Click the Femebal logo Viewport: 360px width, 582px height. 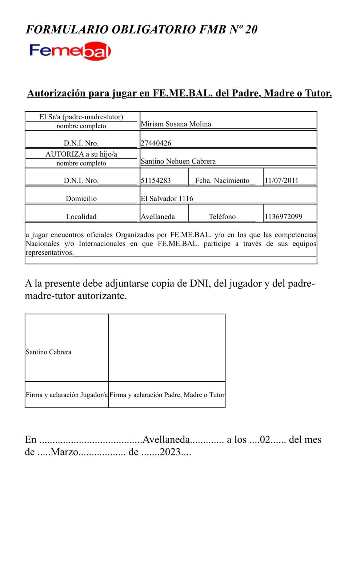tap(70, 51)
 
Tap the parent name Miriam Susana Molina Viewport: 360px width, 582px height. tap(176, 124)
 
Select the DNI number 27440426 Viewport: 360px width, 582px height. tap(156, 143)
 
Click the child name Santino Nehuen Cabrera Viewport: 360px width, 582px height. tap(178, 161)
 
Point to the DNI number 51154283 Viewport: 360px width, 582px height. tap(156, 180)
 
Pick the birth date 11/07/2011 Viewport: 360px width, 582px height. tap(281, 180)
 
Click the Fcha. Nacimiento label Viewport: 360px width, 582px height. tap(222, 180)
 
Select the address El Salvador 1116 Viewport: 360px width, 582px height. tap(167, 199)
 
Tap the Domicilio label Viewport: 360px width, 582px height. tap(81, 199)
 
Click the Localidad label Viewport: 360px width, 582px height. tap(81, 217)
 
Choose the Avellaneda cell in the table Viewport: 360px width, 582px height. tap(158, 217)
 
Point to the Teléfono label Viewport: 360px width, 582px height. tap(222, 217)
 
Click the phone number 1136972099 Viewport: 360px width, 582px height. tap(284, 217)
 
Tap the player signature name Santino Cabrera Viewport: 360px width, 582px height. tap(48, 352)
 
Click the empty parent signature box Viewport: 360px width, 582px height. tap(167, 347)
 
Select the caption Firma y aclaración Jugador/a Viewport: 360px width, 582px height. tap(67, 395)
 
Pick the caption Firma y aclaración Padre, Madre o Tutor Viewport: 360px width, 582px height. tap(167, 395)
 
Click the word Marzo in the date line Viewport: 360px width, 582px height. tap(64, 452)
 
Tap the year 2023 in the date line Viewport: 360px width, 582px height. tap(170, 452)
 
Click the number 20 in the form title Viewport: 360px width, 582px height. tap(251, 29)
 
